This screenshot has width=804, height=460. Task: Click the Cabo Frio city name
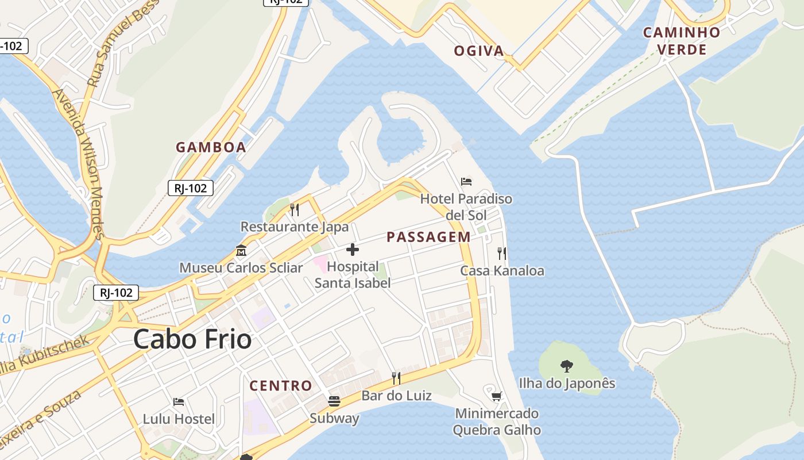click(x=192, y=339)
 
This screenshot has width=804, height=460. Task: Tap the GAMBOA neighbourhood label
click(x=211, y=147)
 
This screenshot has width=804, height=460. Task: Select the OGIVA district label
click(x=479, y=51)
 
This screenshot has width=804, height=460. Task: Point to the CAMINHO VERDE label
click(x=682, y=41)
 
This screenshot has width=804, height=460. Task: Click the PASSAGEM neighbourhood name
click(x=428, y=237)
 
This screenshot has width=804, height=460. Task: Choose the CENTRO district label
click(x=281, y=385)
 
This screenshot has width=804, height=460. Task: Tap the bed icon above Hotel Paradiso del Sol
click(x=466, y=182)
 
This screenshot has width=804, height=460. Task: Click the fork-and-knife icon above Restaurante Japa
click(x=295, y=209)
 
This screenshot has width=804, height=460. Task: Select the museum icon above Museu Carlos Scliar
click(x=241, y=251)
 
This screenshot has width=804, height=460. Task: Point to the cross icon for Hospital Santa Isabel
click(x=353, y=250)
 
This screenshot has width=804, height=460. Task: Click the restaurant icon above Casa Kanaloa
click(x=502, y=253)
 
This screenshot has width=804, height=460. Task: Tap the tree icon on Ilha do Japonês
click(x=567, y=366)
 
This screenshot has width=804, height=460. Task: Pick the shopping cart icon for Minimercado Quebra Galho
click(x=497, y=396)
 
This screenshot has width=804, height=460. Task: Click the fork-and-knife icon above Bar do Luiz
click(x=396, y=378)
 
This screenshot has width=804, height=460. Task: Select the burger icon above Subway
click(x=334, y=401)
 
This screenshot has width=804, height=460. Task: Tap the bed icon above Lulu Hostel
click(x=179, y=401)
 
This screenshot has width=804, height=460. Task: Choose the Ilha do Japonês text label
click(x=567, y=384)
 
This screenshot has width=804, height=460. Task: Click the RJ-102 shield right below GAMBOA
click(x=191, y=187)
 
